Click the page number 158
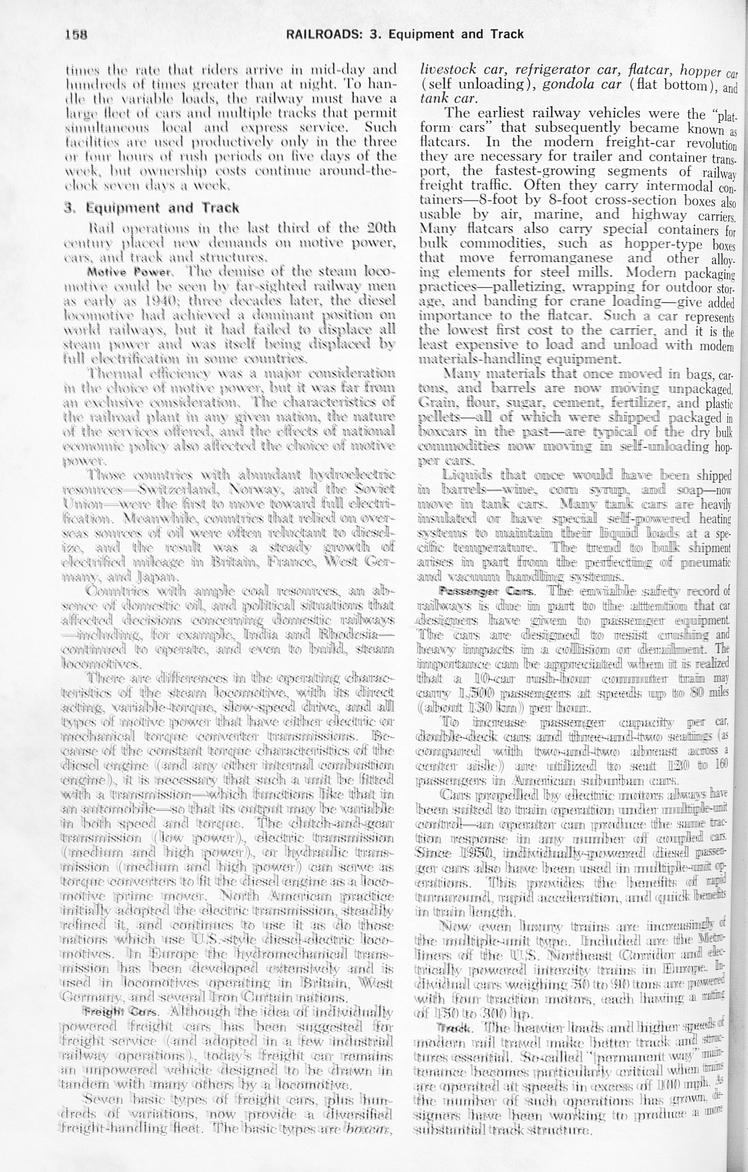76,35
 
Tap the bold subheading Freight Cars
120,1012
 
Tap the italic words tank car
447,99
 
